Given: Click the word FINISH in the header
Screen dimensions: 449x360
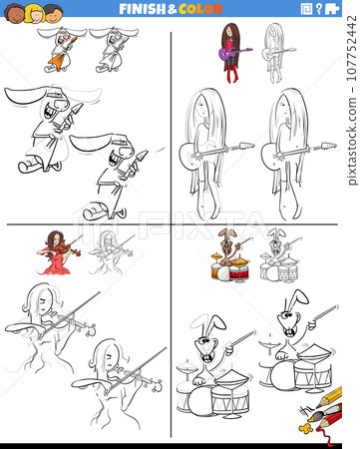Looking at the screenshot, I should click(x=142, y=9).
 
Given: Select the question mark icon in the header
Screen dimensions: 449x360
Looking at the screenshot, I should click(x=318, y=9).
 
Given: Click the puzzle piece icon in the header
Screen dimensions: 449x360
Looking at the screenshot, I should click(x=332, y=9).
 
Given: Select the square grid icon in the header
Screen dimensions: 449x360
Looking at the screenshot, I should click(x=305, y=9).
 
